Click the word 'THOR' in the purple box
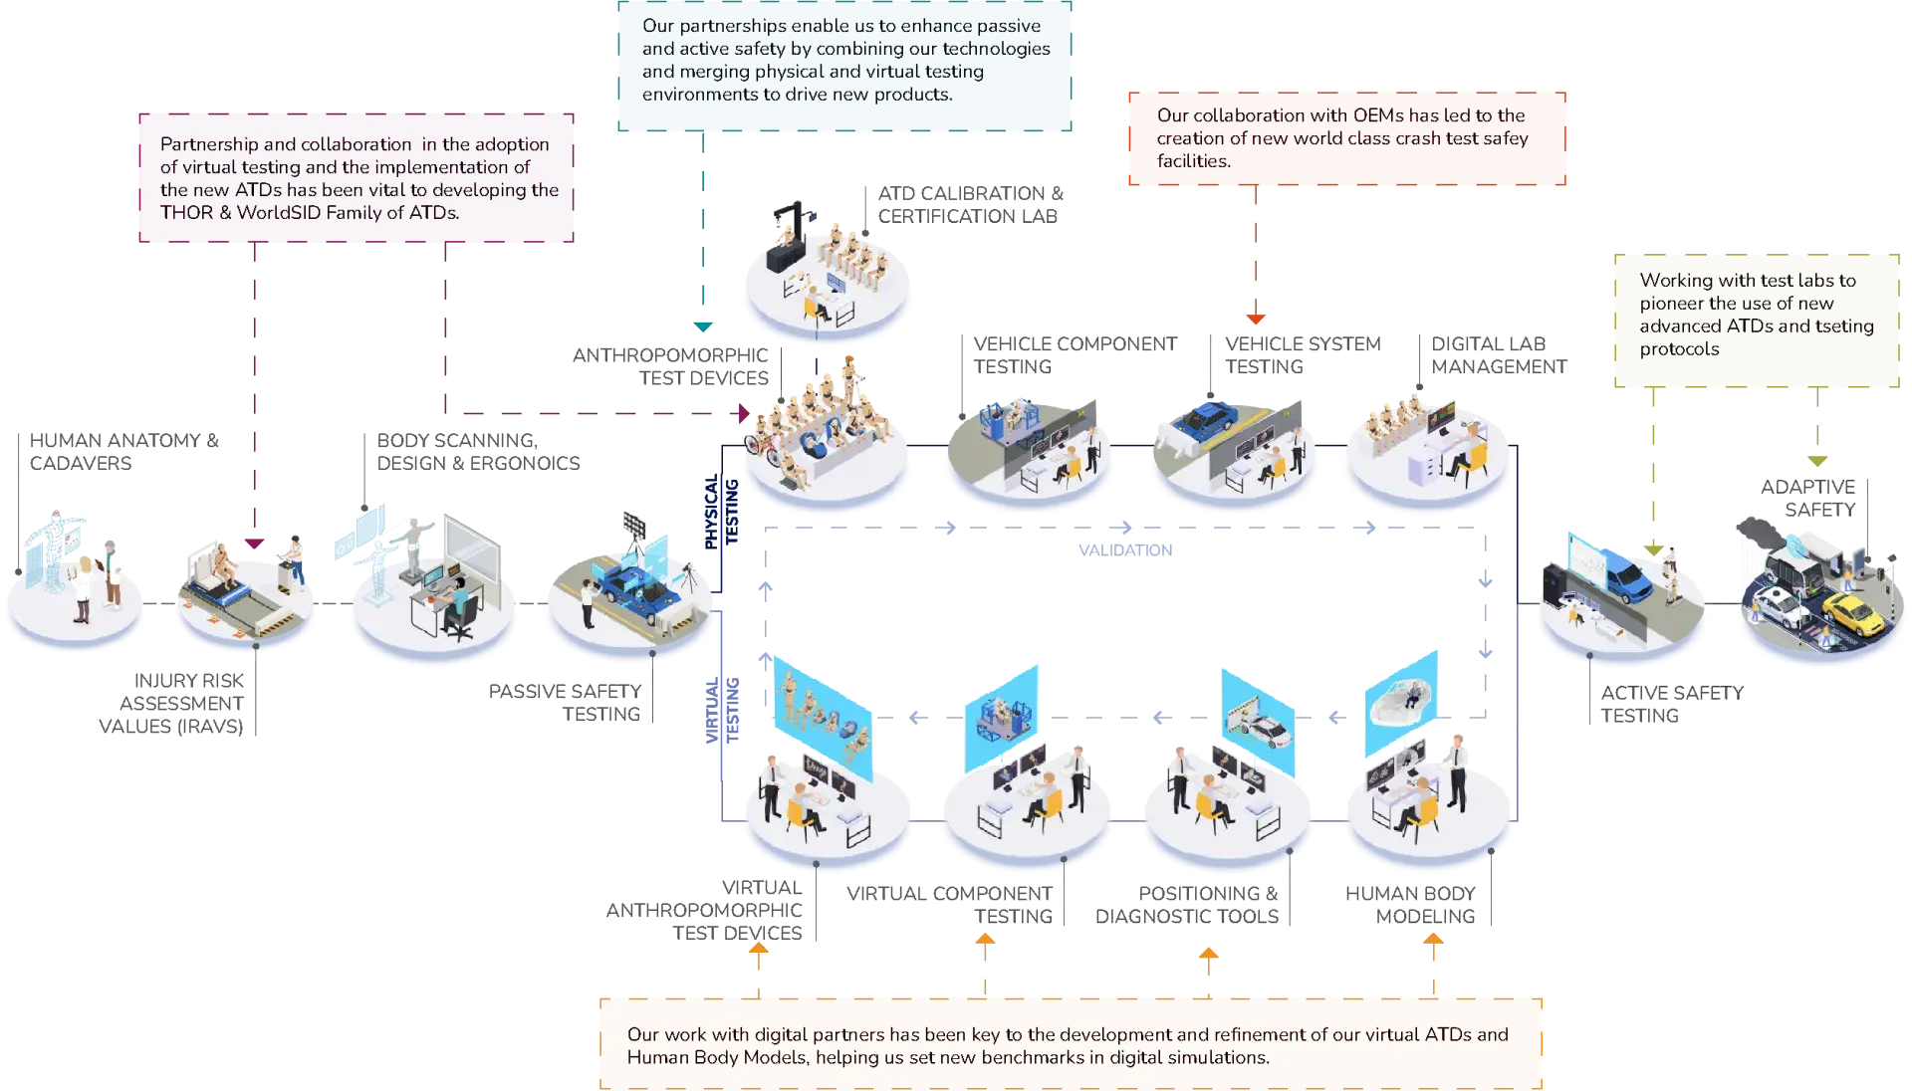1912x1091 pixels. tap(186, 212)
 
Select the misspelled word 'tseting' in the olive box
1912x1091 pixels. tap(1845, 327)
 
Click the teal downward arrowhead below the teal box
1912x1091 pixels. tap(704, 326)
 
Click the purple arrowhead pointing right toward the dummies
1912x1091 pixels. tap(742, 412)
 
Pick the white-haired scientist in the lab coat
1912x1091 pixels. tap(112, 569)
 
